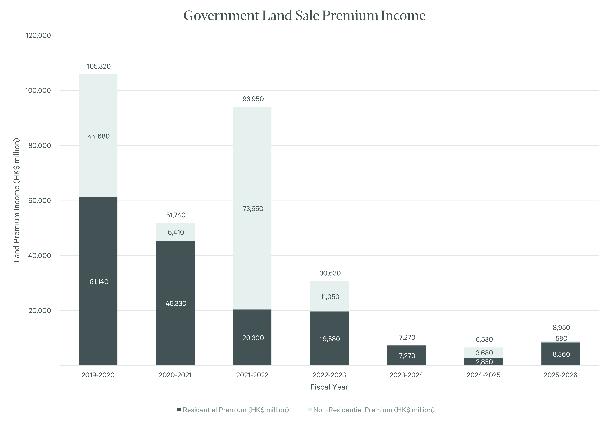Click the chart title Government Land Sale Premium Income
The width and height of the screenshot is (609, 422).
[304, 16]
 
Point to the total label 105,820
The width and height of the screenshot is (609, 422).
[99, 66]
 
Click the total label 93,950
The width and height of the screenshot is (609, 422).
[253, 99]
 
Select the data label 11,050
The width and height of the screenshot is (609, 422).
[330, 297]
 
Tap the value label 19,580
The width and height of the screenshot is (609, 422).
[330, 339]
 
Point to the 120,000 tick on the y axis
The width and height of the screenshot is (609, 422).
[38, 35]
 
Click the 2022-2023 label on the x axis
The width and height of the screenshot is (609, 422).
[329, 375]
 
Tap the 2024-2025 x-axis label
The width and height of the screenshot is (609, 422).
[483, 375]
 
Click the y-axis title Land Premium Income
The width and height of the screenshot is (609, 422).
[17, 200]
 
